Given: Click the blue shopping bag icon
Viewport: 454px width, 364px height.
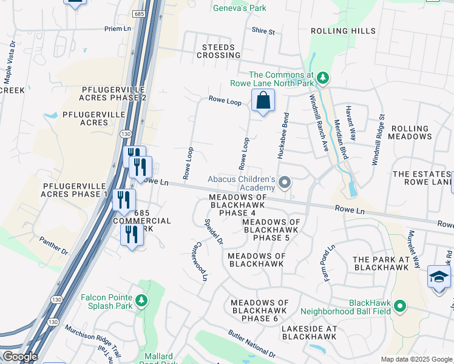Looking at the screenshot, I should (263, 100).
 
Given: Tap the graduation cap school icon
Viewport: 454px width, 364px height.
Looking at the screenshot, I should (439, 277).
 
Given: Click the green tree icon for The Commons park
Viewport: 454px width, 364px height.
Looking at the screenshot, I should (324, 78).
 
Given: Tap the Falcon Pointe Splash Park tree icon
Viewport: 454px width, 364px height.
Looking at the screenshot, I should (141, 300).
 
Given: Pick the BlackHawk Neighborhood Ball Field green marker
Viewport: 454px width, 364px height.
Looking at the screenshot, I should (399, 306).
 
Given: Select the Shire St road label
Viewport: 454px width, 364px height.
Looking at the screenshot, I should (263, 31).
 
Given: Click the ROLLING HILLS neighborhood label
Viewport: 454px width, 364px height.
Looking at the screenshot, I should (343, 31).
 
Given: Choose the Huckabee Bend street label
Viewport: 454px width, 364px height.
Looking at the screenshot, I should (282, 136).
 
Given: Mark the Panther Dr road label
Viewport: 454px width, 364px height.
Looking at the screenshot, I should (54, 246).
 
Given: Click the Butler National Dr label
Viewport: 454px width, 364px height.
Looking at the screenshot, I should (252, 343).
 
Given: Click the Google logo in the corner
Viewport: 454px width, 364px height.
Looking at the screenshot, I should (19, 357).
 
